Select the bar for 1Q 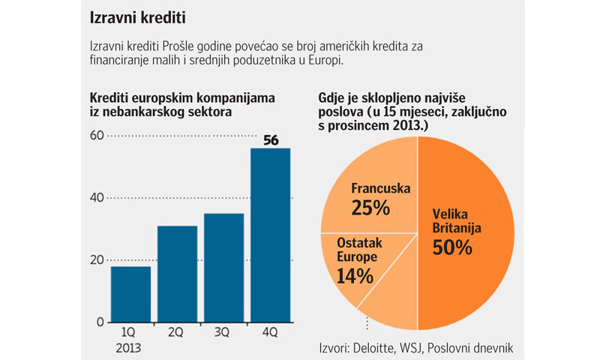tap(130, 294)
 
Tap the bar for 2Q tap(177, 274)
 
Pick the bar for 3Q tap(223, 268)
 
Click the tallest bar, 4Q tap(270, 235)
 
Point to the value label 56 tap(270, 139)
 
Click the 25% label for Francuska tap(370, 207)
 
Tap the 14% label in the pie tap(355, 275)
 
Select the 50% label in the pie tap(451, 247)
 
